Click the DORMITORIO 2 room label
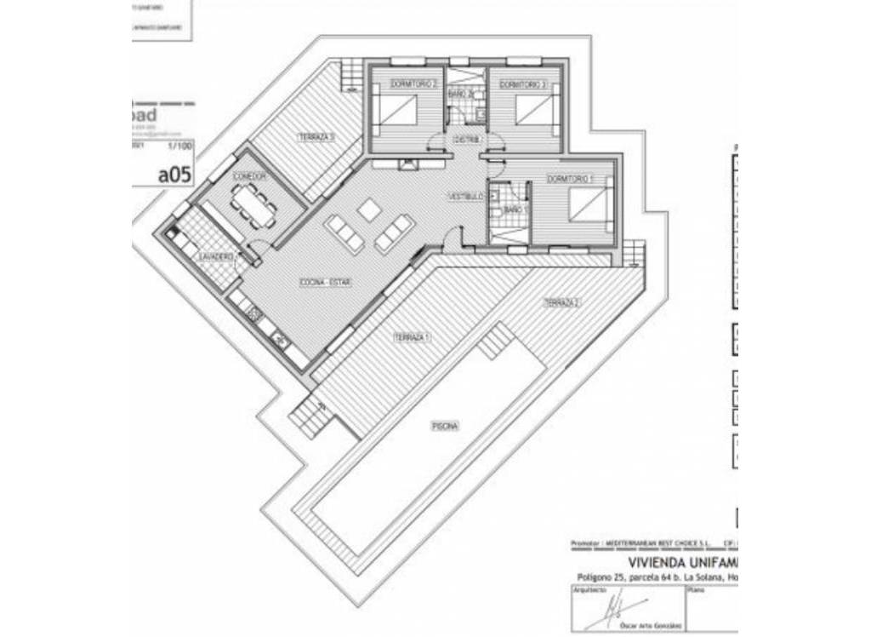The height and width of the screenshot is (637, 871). (x=413, y=84)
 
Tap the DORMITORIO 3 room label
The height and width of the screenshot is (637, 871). (x=522, y=84)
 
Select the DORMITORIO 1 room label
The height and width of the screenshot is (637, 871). (x=570, y=179)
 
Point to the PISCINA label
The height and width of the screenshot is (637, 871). (x=445, y=426)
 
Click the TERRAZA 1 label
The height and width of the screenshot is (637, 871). (x=412, y=338)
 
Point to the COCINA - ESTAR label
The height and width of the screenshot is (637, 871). (x=326, y=282)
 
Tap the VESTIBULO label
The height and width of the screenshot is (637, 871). (x=466, y=197)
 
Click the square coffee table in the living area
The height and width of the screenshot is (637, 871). (x=369, y=209)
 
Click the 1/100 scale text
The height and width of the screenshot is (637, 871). (x=179, y=146)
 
